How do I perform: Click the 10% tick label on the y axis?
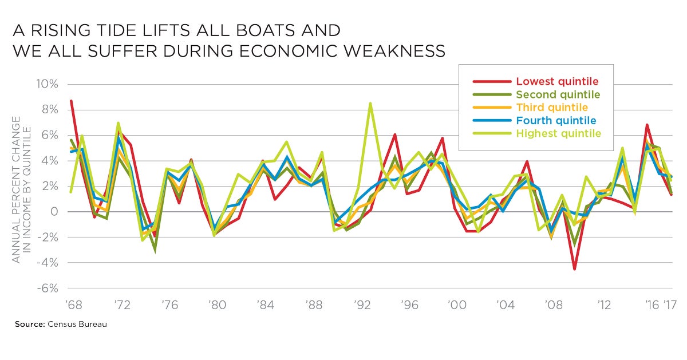[48, 85]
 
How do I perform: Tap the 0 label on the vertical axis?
[54, 212]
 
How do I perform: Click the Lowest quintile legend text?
[557, 81]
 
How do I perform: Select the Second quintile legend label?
[558, 94]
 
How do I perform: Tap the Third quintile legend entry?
[552, 108]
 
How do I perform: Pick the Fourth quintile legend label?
[556, 121]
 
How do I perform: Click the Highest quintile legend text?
[559, 134]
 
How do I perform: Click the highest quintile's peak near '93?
[371, 104]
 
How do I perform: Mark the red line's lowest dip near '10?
[574, 268]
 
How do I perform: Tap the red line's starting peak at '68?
[71, 101]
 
